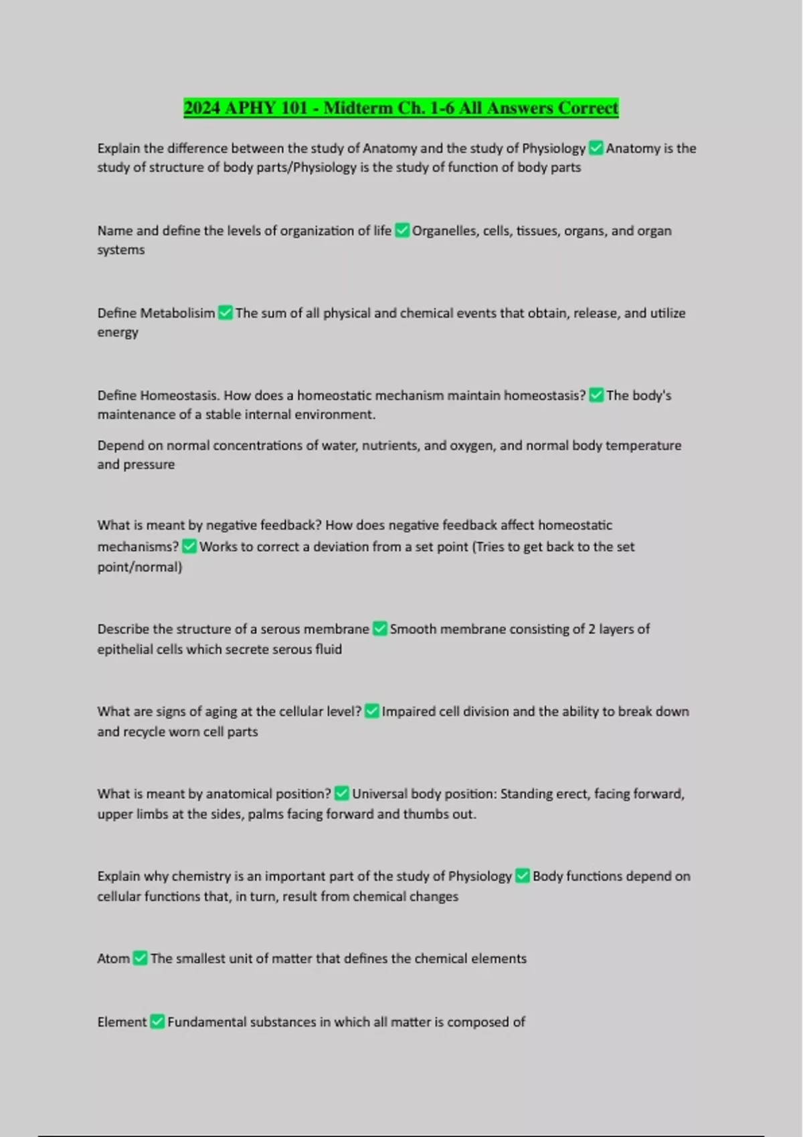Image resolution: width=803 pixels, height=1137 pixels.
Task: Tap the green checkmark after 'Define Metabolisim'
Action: tap(226, 313)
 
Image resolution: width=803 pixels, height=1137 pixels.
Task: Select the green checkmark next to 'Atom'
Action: tap(140, 958)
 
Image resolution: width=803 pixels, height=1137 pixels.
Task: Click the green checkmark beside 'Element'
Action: tap(157, 1022)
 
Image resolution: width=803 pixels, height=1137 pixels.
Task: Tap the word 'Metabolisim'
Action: tap(177, 313)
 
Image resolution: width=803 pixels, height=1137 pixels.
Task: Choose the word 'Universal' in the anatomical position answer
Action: tap(379, 794)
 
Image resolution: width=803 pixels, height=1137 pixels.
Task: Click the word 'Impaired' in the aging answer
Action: tap(408, 712)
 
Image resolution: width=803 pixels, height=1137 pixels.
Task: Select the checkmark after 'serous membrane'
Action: tap(379, 629)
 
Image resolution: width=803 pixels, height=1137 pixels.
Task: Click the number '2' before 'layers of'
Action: tap(592, 629)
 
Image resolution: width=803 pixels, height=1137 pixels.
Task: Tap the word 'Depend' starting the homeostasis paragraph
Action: tap(120, 445)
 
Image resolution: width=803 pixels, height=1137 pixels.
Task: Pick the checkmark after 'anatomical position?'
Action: tap(341, 794)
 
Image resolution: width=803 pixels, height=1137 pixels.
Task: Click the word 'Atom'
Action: tap(113, 958)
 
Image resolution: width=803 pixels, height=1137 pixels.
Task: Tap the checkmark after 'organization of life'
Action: tap(402, 231)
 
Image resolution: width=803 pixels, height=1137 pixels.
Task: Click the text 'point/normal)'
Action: tap(139, 567)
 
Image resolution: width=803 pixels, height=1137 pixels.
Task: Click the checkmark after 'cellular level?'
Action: tap(372, 712)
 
